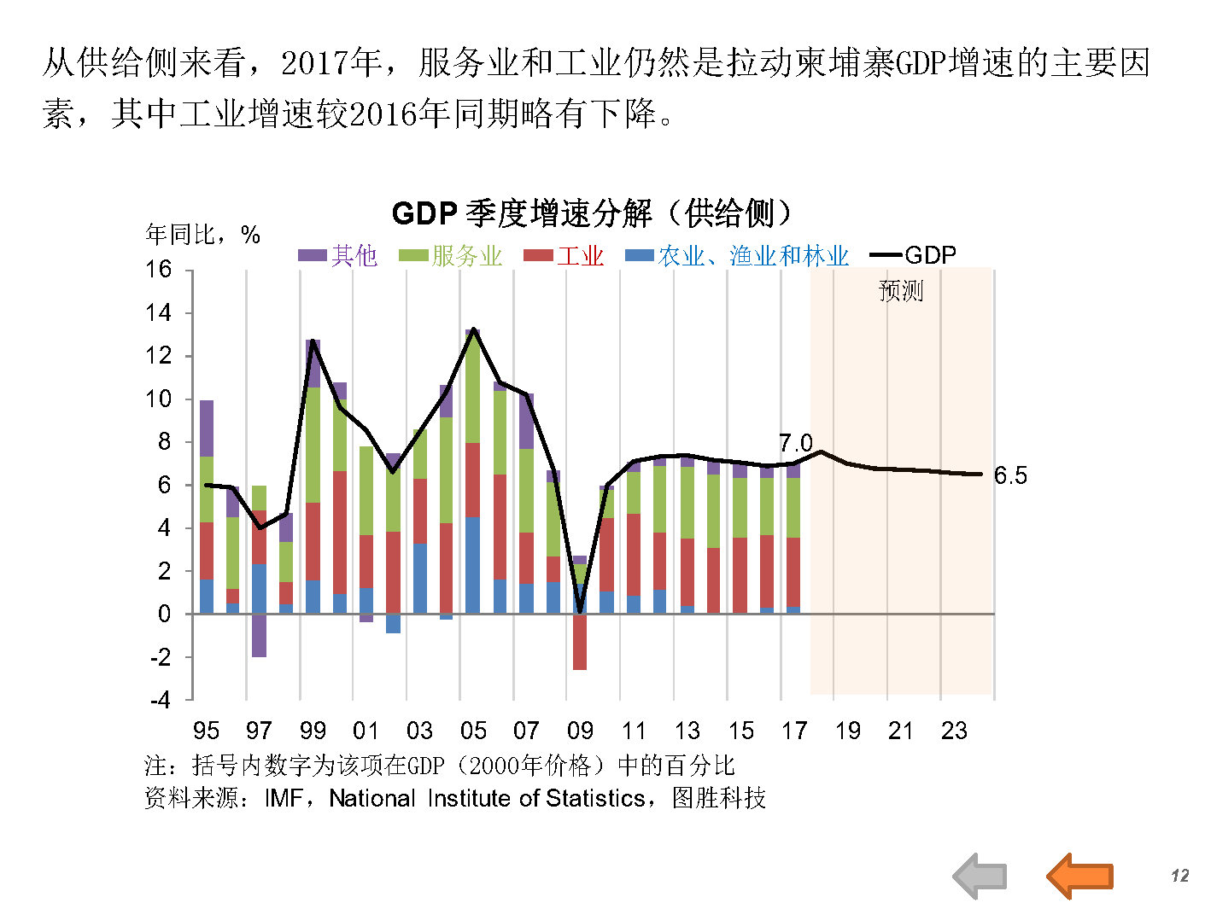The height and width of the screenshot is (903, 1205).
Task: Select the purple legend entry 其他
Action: [x=337, y=255]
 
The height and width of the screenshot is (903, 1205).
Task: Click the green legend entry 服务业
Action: [x=450, y=255]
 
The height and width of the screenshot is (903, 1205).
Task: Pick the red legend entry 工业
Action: [x=564, y=255]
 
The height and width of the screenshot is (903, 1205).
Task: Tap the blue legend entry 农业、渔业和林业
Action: [x=737, y=255]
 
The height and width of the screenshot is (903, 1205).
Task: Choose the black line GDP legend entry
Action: [x=913, y=254]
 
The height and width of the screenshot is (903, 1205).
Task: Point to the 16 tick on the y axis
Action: [x=159, y=270]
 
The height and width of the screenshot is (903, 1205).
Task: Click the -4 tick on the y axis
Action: [x=160, y=701]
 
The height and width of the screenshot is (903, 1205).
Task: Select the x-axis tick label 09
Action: [x=580, y=731]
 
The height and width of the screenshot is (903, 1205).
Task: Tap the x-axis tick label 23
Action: [x=954, y=731]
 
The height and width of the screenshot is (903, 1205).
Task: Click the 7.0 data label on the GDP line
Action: [x=795, y=443]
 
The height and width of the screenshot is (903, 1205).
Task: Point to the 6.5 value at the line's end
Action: [x=1010, y=475]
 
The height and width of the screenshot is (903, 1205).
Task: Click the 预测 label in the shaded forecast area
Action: [x=901, y=291]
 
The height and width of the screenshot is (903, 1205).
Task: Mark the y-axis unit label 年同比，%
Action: [x=202, y=235]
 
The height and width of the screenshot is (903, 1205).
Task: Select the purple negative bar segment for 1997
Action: [x=259, y=635]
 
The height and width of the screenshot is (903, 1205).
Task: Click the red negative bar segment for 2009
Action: [x=580, y=642]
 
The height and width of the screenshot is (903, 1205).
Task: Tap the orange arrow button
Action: [x=1079, y=876]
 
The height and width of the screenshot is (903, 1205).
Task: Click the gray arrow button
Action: [x=980, y=876]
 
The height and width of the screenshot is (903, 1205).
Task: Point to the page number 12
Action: [x=1179, y=876]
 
